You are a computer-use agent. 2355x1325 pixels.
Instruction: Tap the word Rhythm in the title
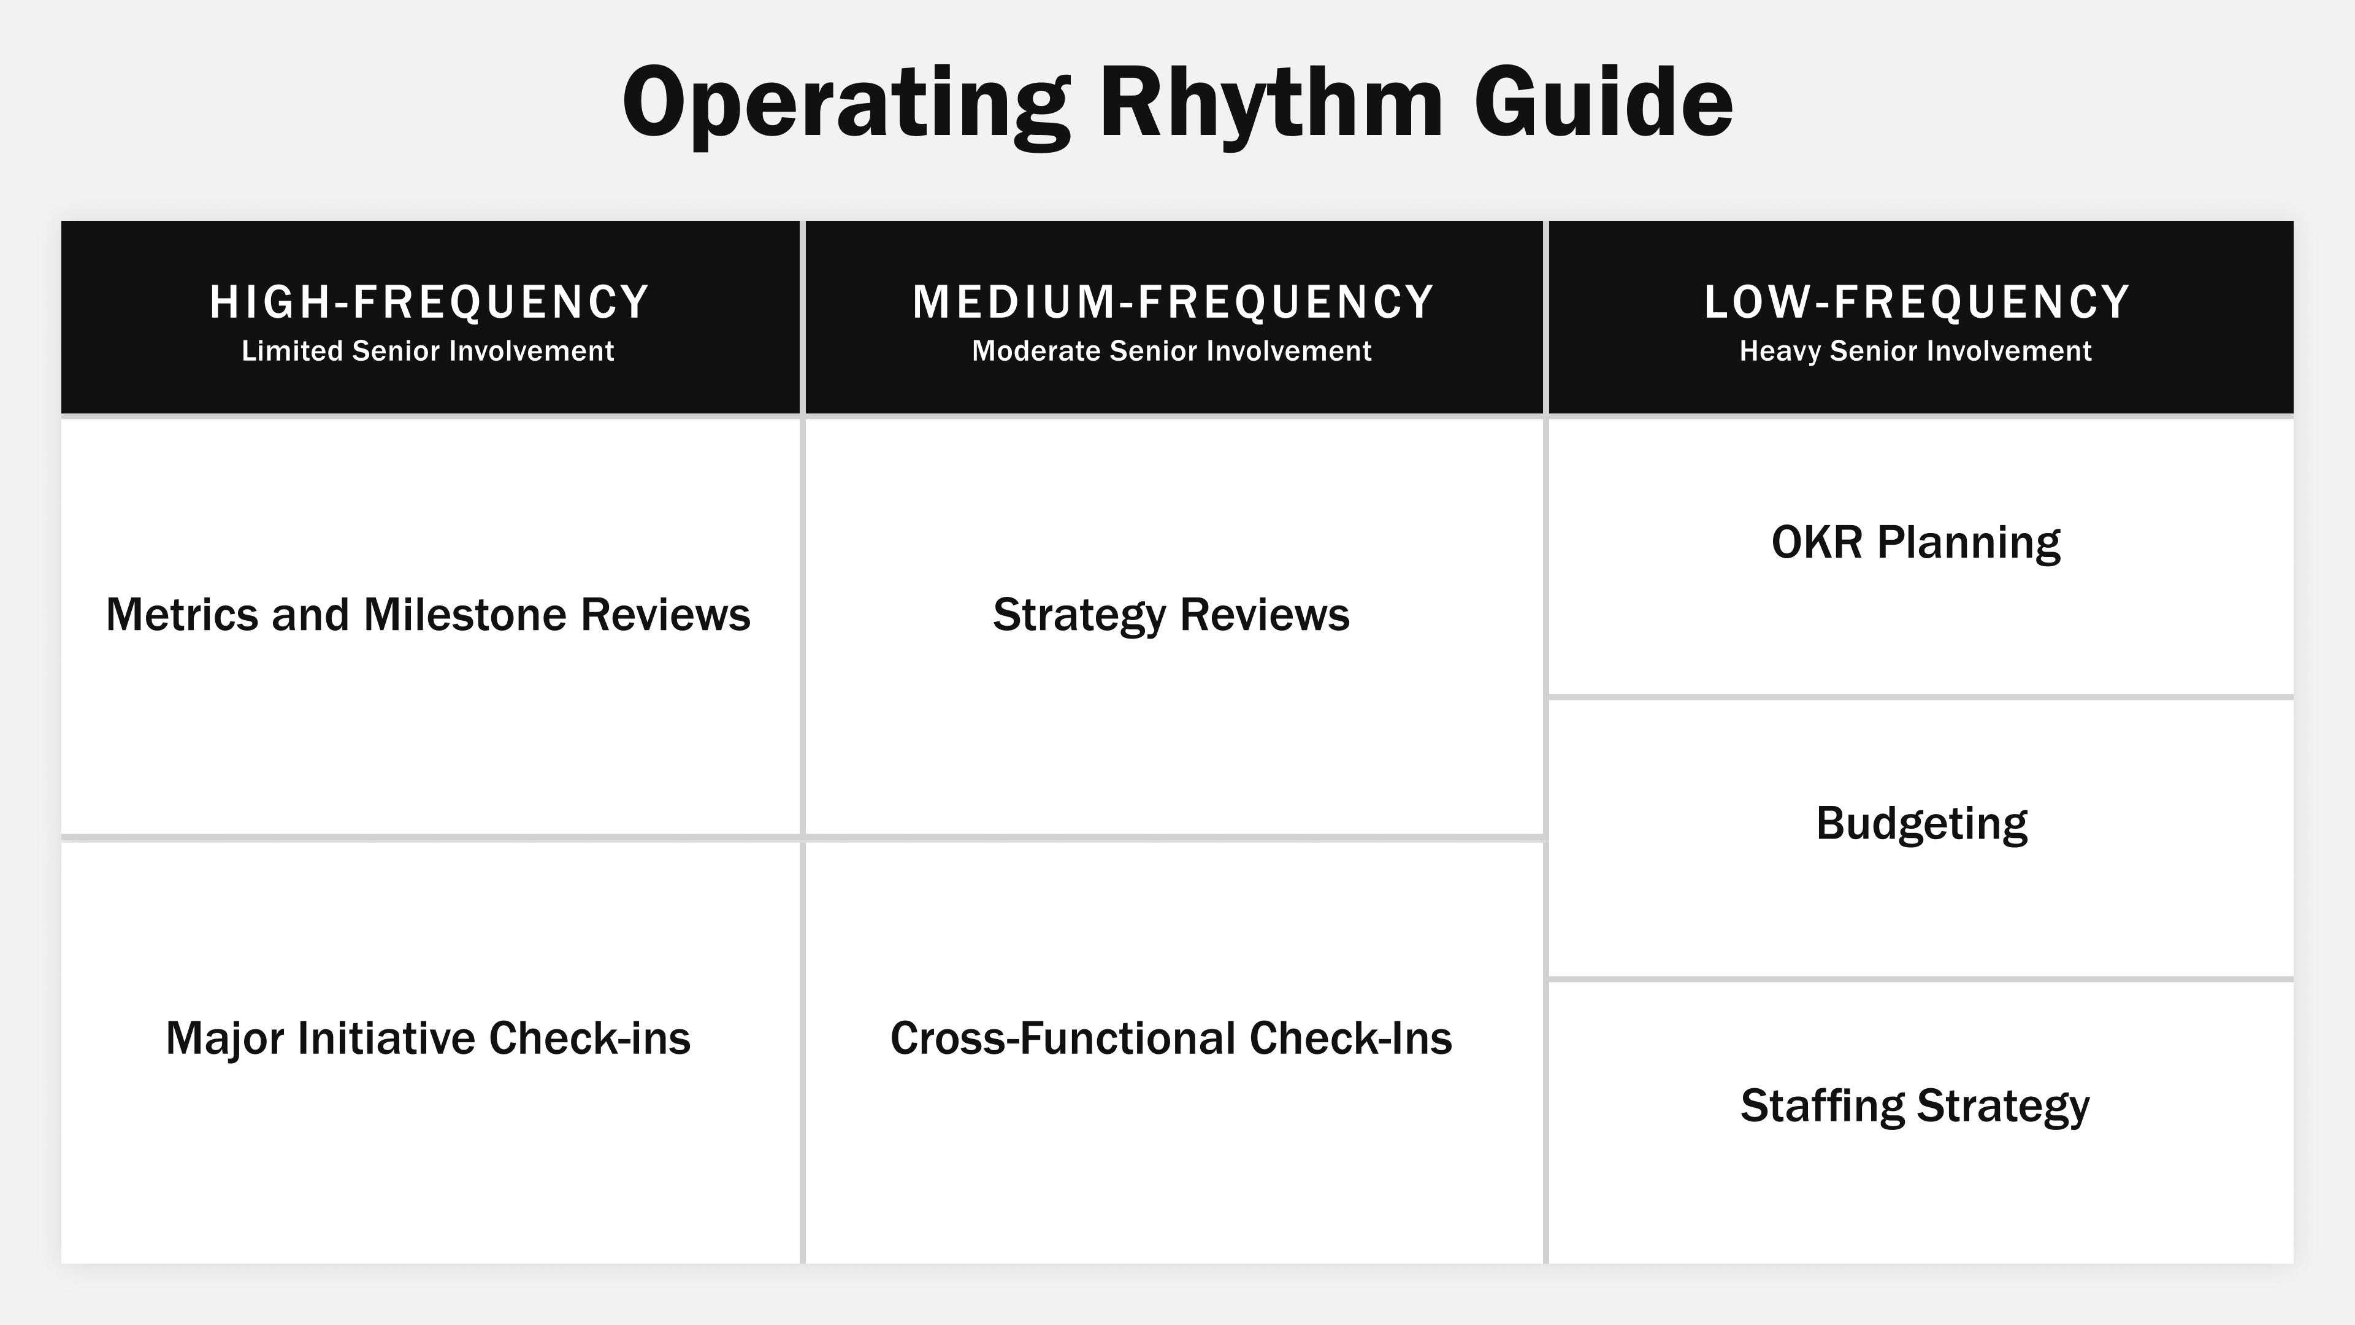point(1271,102)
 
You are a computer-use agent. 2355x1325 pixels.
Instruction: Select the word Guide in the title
point(1603,102)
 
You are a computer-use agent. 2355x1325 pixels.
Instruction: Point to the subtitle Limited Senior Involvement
point(428,351)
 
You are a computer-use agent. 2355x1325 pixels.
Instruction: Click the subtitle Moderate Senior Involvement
point(1171,351)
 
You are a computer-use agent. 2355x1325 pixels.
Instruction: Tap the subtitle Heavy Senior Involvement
point(1915,351)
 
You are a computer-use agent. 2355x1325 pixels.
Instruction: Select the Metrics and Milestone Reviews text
point(428,615)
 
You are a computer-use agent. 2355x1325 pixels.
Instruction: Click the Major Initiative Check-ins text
point(428,1039)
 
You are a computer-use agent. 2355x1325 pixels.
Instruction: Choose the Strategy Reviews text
point(1171,615)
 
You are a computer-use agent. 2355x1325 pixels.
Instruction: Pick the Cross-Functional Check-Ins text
point(1171,1039)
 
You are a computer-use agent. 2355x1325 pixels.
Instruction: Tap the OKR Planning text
point(1915,542)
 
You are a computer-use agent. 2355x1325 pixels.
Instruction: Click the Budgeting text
point(1921,824)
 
